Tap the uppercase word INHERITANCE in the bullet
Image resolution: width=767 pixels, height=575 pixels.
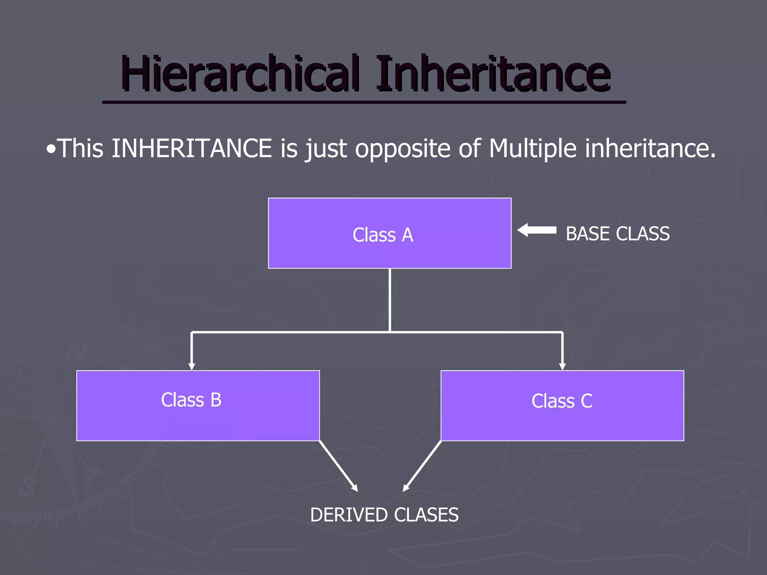click(191, 149)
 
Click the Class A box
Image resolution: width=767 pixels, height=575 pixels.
click(389, 233)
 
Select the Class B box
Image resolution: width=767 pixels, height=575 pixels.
click(198, 405)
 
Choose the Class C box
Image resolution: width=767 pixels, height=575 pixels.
click(562, 405)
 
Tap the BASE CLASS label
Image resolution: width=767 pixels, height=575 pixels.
click(618, 234)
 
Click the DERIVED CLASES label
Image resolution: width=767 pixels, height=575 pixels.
click(384, 515)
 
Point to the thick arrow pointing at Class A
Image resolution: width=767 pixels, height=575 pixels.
click(537, 230)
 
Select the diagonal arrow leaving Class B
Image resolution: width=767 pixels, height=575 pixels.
click(339, 466)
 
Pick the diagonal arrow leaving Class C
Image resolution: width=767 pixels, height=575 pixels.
click(422, 466)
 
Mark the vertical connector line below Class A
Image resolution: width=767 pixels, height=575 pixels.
click(390, 299)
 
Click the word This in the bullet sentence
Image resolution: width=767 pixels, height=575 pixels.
click(81, 149)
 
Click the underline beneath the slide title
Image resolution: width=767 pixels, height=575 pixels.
click(364, 102)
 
